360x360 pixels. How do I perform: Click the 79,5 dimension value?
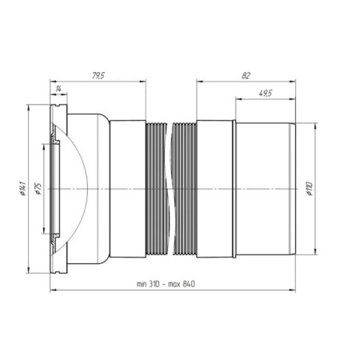tap(98, 76)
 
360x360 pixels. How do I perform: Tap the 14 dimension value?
tap(58, 89)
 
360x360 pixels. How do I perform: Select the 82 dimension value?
tap(246, 76)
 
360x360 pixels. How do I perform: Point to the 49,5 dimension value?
tap(266, 94)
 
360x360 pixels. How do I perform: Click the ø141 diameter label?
tap(22, 189)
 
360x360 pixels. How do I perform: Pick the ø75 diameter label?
tap(38, 189)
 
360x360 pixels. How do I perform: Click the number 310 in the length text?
tap(154, 284)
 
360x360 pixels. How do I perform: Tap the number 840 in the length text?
tap(189, 284)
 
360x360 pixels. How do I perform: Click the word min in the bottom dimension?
tap(142, 284)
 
